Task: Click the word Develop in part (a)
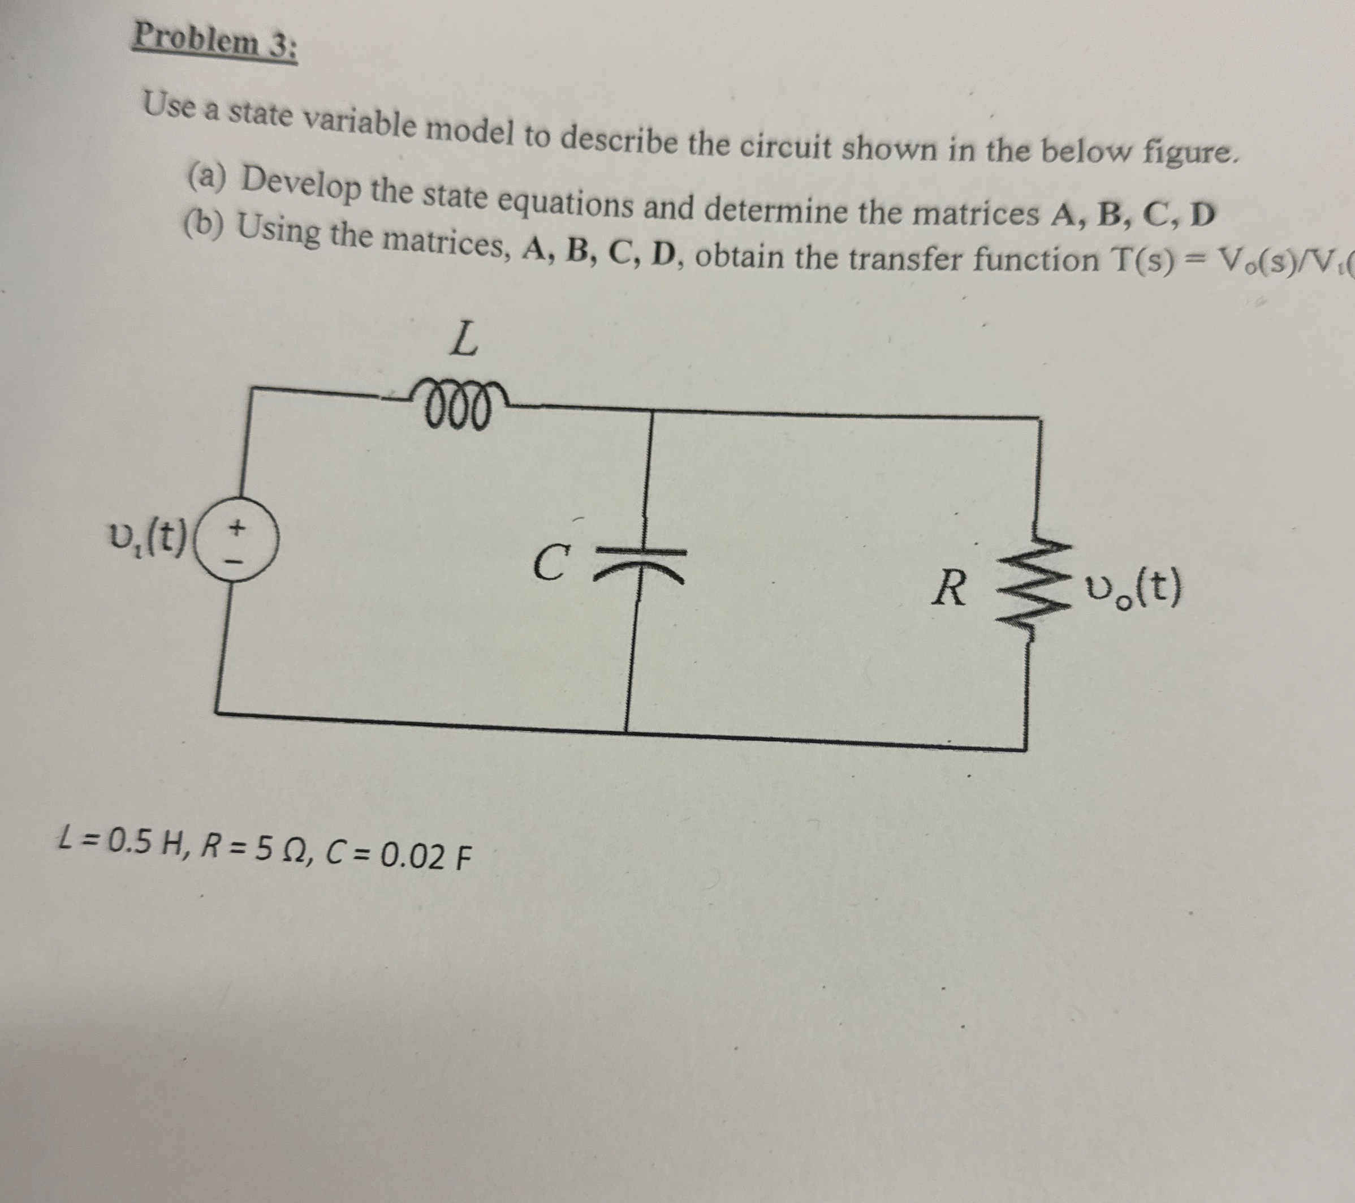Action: click(300, 184)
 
